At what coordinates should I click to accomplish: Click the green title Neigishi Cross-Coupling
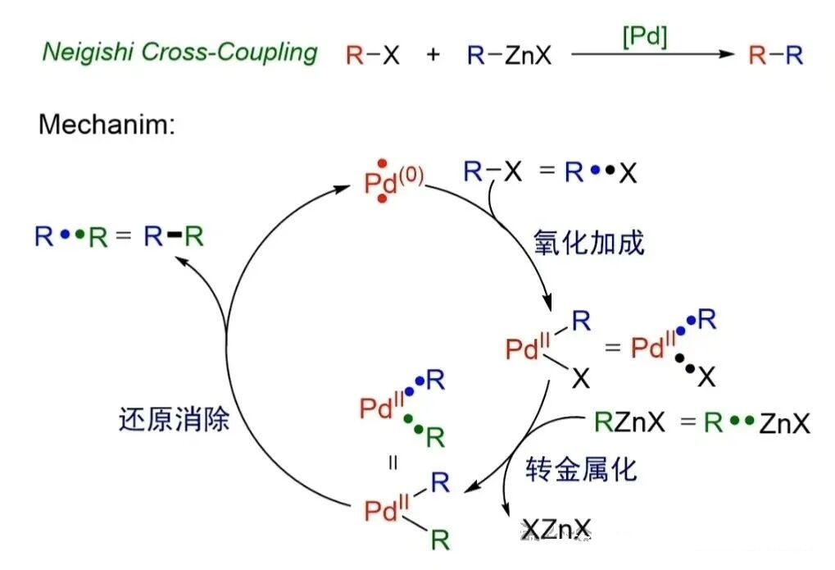point(179,52)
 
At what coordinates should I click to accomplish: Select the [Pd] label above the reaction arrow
point(645,37)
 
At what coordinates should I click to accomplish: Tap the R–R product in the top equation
point(776,56)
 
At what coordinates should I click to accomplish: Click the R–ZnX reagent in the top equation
point(509,56)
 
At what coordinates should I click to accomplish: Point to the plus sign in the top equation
point(432,56)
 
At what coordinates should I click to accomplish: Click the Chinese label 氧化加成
point(588,242)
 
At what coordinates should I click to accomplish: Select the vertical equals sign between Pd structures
point(393,462)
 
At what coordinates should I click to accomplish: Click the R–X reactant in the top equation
point(373,56)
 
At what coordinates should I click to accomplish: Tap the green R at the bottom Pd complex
point(440,540)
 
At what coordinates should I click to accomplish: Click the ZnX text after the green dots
point(784,424)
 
